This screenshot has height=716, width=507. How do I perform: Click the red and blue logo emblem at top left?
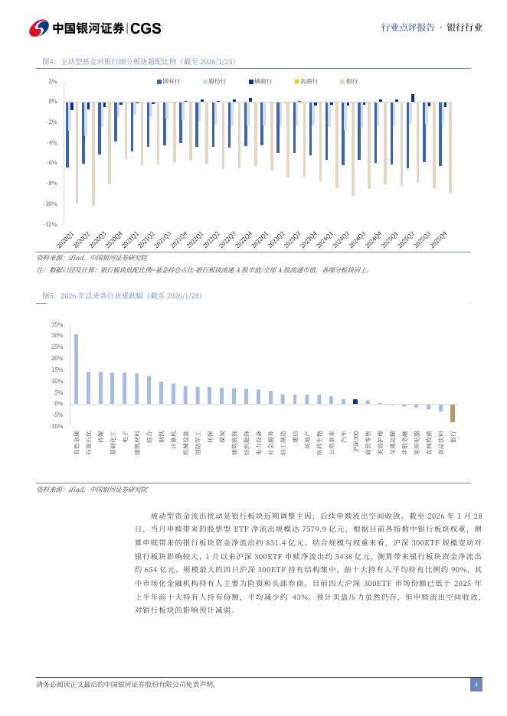(x=39, y=28)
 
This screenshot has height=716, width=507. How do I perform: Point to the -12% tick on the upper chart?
(x=51, y=224)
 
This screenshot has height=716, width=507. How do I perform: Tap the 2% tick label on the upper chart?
(x=52, y=81)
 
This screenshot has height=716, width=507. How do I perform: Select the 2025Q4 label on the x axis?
(x=440, y=240)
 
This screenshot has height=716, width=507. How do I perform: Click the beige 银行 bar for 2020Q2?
(x=93, y=153)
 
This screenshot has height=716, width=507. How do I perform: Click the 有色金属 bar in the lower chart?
(x=76, y=369)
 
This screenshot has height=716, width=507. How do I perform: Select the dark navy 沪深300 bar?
(x=355, y=402)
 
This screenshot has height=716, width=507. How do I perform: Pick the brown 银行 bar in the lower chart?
(x=453, y=413)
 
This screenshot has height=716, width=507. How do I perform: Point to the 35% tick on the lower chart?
(x=57, y=324)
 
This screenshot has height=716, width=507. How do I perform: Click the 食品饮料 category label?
(x=440, y=444)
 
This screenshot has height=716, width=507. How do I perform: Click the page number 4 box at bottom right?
(x=476, y=685)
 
